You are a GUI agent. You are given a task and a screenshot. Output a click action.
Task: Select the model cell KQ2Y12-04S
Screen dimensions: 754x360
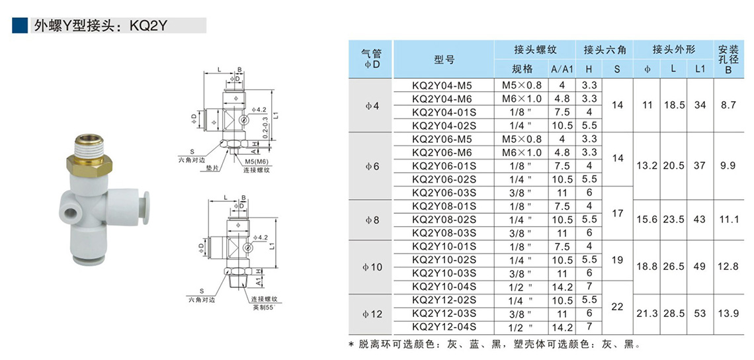(x=444, y=327)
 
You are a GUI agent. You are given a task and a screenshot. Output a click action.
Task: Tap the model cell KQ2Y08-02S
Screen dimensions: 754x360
(x=444, y=220)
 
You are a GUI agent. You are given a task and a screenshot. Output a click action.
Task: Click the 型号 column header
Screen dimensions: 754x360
(x=444, y=60)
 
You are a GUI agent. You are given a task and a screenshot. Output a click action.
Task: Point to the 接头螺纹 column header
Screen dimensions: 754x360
(x=534, y=50)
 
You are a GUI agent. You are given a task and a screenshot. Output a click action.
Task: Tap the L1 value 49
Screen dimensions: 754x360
(x=700, y=267)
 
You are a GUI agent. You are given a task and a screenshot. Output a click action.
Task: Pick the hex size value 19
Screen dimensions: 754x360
(x=618, y=260)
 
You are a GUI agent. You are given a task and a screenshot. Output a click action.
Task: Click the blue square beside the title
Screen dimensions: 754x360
(x=20, y=26)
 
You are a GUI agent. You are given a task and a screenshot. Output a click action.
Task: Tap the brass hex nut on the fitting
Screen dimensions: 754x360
(x=89, y=165)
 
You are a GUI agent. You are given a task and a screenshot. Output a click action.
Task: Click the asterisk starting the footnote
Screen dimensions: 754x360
(x=351, y=345)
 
